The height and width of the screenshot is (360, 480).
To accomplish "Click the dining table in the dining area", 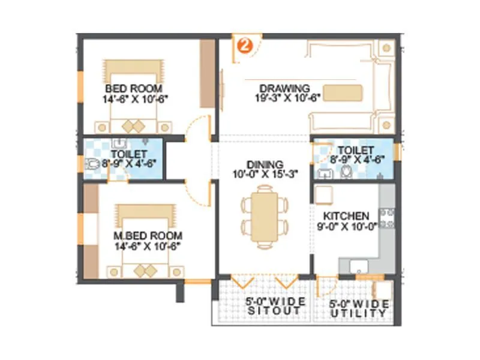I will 264,214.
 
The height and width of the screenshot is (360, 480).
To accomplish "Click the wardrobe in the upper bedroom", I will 208,71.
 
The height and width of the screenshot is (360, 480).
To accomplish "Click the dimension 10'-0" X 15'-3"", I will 265,175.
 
